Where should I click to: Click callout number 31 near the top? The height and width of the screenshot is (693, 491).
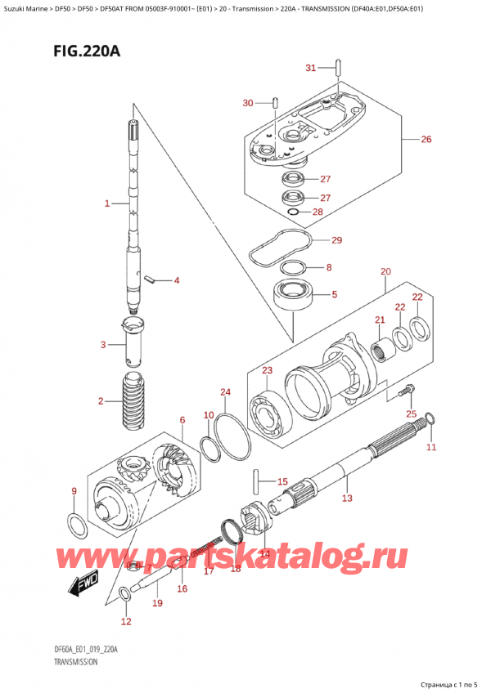[x=310, y=68]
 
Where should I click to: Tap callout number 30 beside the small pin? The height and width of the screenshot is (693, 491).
[x=249, y=102]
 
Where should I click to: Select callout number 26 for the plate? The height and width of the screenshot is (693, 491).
[x=426, y=140]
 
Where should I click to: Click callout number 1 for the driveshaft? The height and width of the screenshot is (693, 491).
[x=106, y=203]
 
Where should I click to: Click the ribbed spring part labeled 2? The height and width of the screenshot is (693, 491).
[x=132, y=400]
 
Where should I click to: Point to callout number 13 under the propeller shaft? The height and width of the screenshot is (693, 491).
[x=346, y=498]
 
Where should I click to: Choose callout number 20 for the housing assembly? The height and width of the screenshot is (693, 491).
[x=385, y=271]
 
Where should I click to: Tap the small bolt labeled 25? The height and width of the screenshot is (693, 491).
[x=402, y=394]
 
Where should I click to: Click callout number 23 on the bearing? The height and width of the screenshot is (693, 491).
[x=267, y=370]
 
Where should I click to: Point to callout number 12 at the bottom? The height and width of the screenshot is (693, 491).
[x=125, y=621]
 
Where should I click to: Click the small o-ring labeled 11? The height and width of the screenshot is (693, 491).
[x=430, y=419]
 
